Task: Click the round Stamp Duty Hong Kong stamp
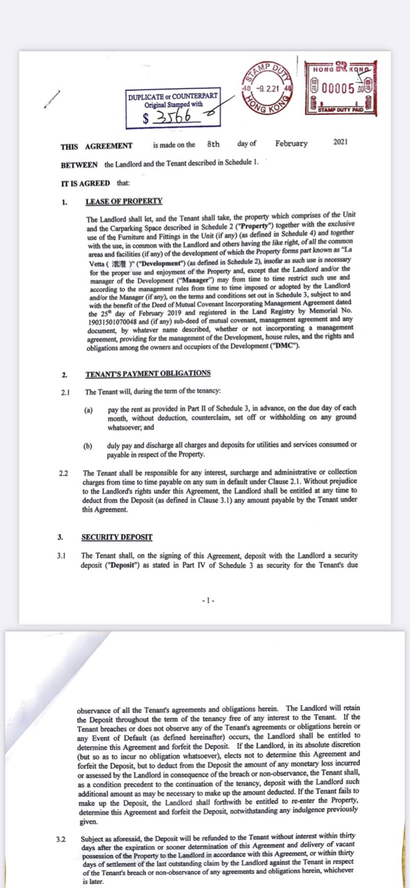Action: (267, 89)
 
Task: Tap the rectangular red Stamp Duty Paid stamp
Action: (341, 88)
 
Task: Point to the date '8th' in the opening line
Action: (213, 144)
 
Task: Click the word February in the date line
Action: (291, 144)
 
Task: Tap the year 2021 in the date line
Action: (341, 142)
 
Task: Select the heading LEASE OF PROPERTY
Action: (124, 201)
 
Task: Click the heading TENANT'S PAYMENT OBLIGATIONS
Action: (148, 374)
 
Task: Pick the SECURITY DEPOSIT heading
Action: (117, 537)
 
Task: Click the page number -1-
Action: (208, 601)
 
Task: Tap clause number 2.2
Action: (63, 473)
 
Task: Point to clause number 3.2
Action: (61, 839)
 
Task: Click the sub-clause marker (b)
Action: (88, 446)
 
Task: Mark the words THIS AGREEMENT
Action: (97, 147)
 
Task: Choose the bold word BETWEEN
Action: (79, 165)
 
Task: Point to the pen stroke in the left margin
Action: (52, 99)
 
